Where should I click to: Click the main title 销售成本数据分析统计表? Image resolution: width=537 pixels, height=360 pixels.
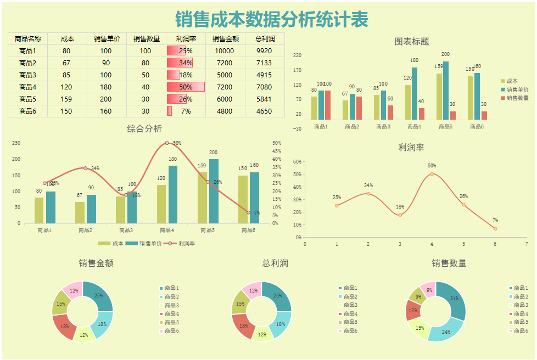coord(272,19)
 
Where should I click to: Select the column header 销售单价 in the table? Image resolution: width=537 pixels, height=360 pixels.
coord(107,38)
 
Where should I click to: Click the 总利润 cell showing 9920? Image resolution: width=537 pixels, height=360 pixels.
coord(264,50)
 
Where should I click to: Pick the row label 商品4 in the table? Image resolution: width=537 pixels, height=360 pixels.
coord(27,87)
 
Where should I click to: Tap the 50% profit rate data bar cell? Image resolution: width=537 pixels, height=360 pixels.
coord(186,87)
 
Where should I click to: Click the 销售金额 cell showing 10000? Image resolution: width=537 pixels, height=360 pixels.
coord(225,50)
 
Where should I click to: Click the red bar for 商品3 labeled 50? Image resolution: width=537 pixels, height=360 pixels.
coord(390,113)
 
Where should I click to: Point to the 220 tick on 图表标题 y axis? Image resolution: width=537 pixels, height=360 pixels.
coord(297,55)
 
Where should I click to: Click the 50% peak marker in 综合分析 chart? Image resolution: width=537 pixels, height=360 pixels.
coord(167,143)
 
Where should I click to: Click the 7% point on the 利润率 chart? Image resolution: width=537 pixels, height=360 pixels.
coord(495,228)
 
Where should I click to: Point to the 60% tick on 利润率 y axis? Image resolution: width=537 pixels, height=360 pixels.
coord(297,162)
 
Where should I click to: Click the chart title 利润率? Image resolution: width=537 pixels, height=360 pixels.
coord(411,147)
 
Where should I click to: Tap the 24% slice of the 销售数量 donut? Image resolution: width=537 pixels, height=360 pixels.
coord(445,331)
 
